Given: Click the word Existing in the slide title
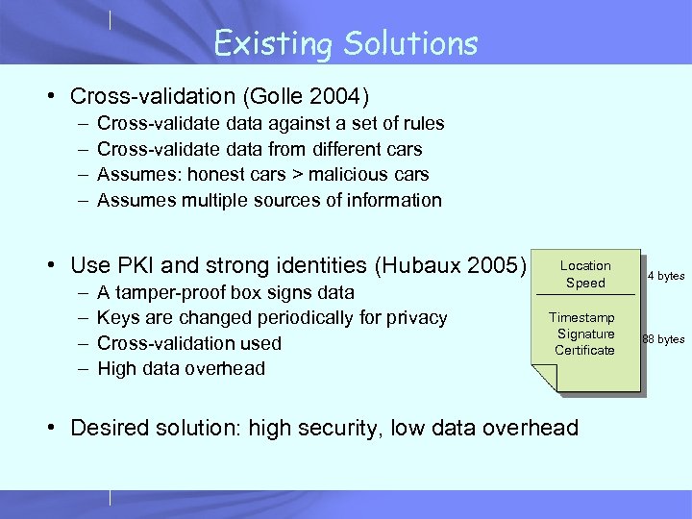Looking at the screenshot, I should point(265,43).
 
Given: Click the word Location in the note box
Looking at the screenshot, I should point(585,265).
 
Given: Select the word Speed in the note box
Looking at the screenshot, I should point(585,283).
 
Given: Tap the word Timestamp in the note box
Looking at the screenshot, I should point(581,317).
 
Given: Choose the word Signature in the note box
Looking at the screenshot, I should point(585,334).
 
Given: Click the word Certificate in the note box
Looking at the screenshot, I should point(584,350).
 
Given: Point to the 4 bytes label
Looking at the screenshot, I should point(665,276).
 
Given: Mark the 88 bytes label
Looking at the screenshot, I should point(663,338).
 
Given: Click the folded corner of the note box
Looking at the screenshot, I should point(544,380).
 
